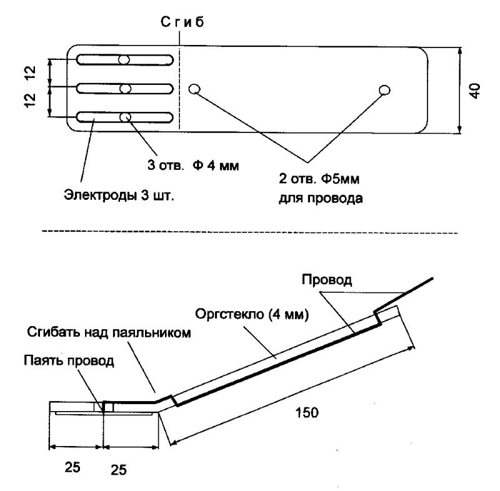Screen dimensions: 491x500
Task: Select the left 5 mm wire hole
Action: point(194,89)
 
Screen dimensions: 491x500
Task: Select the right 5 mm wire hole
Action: point(384,91)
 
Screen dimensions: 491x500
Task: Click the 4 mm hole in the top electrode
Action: point(125,60)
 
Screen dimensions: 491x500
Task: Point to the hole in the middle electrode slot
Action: point(125,89)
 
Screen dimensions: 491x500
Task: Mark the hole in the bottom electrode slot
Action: point(125,117)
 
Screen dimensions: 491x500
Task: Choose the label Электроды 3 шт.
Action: point(119,195)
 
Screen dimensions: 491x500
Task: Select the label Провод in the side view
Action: point(327,280)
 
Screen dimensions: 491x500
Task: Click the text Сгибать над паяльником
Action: point(109,332)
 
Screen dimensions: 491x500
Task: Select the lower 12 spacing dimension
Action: point(31,102)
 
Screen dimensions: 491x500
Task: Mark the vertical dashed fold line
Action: point(179,87)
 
